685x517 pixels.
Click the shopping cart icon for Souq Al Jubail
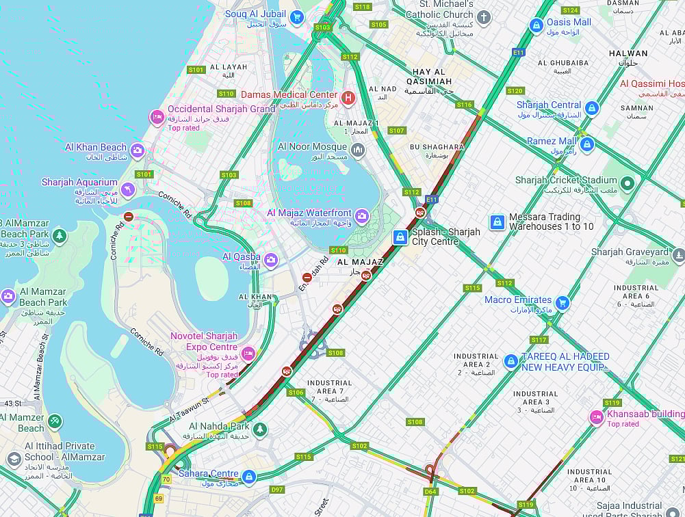point(296,17)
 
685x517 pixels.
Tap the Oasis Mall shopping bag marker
point(537,25)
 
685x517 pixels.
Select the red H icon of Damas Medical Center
point(348,98)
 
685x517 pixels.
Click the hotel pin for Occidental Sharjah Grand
point(157,118)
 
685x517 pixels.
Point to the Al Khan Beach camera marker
point(138,150)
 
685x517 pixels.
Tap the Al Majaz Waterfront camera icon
point(362,217)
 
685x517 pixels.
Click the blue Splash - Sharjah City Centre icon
point(400,237)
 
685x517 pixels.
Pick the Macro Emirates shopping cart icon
point(562,303)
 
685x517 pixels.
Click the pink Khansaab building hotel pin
point(597,417)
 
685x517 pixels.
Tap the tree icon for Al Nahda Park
point(259,429)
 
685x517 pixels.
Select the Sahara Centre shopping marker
point(249,477)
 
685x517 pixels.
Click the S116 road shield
point(465,105)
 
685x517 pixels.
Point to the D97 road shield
point(277,490)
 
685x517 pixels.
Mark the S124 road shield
point(570,10)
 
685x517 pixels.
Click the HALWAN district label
point(628,53)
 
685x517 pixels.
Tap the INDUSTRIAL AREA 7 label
point(330,387)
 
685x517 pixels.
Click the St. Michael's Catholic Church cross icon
point(484,18)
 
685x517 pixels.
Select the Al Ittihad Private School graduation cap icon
point(14,459)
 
